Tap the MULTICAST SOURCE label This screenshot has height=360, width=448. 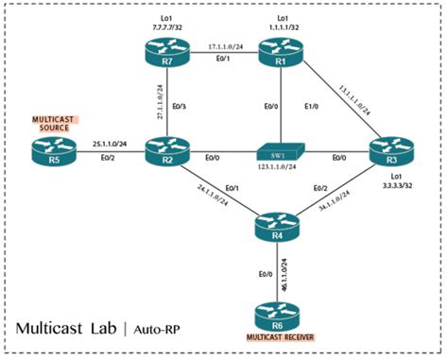click(x=46, y=123)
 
